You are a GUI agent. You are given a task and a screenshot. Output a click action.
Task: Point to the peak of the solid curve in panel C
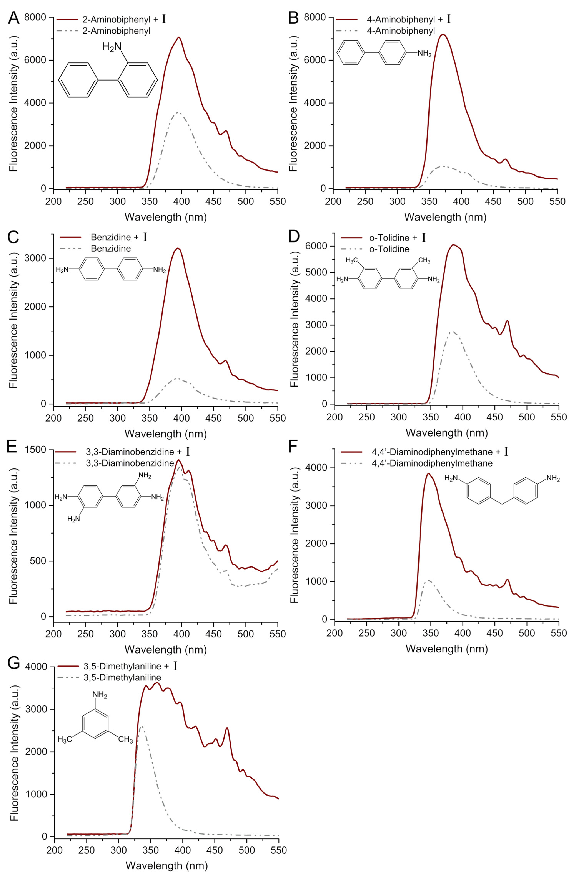tap(178, 248)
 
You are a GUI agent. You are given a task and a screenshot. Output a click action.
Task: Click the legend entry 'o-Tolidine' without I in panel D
tap(389, 249)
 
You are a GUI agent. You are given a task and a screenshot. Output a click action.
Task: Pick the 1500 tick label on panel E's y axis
tap(36, 450)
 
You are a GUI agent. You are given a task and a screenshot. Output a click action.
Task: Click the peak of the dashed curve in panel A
tap(178, 112)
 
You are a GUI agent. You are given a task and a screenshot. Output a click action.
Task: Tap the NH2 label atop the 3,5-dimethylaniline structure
tap(100, 695)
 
